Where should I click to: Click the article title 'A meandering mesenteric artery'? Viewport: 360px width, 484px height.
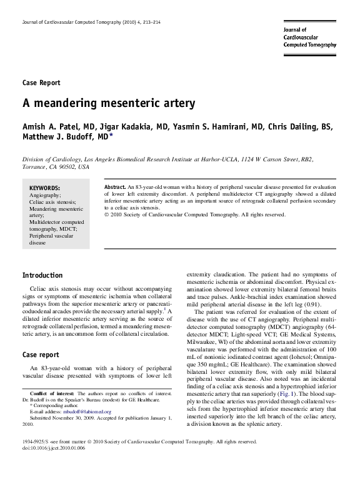[x=109, y=102]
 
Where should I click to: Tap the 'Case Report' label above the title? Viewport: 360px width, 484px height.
[x=41, y=82]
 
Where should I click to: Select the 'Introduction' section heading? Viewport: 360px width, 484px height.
[x=42, y=275]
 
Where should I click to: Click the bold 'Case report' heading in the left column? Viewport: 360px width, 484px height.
[x=41, y=355]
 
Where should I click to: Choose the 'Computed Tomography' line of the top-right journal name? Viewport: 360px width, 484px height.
[x=310, y=45]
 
